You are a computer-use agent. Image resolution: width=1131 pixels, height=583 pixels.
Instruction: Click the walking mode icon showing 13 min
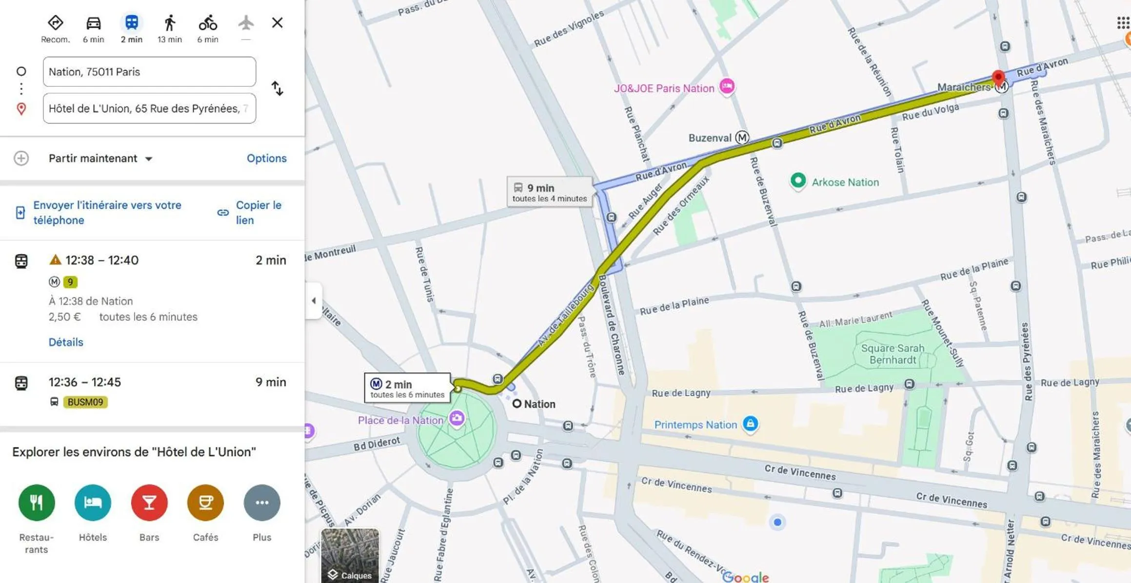169,23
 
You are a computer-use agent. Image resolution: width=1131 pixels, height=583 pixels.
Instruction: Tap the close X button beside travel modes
277,23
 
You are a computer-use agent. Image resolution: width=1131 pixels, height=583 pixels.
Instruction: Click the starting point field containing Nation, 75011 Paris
149,72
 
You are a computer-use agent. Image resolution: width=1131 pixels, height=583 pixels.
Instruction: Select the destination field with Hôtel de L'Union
149,108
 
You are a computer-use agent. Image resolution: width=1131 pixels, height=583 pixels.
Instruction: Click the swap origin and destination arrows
277,88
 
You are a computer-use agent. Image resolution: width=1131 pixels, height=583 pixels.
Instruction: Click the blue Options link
266,159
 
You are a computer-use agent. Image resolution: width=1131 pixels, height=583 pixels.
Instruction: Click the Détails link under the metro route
66,342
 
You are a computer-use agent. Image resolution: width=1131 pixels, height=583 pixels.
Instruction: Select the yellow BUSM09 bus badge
85,402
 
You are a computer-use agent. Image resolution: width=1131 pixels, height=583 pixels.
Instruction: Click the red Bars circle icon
149,503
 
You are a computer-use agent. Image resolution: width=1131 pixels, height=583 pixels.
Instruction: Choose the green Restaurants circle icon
37,503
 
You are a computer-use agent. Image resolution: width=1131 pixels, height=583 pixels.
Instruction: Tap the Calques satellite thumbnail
350,555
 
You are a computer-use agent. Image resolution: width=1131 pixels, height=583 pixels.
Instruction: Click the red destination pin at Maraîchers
998,77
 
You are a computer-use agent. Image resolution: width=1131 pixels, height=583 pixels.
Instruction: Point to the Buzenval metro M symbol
742,138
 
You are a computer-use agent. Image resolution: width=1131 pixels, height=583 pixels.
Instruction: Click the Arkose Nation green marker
798,181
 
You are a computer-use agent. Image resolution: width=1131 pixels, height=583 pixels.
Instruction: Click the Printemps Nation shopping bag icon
750,423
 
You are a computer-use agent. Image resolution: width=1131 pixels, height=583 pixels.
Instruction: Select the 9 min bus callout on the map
550,192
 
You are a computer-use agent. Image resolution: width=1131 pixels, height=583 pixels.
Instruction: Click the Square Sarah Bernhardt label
893,354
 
